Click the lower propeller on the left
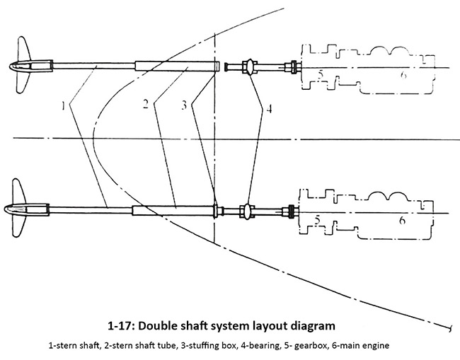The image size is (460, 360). tap(25, 209)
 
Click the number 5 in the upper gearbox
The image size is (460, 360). tap(319, 74)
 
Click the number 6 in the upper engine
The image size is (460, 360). tap(403, 74)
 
